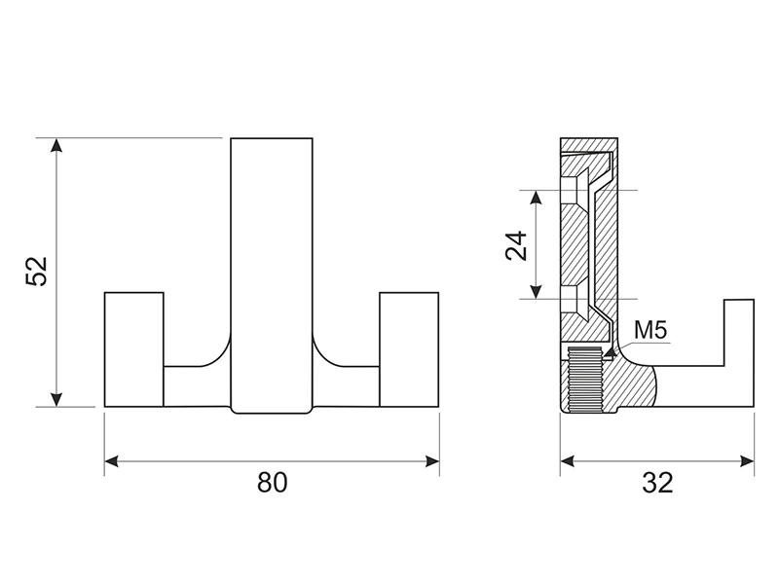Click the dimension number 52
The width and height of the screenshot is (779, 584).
coord(37,272)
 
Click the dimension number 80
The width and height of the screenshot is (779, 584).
coord(273,482)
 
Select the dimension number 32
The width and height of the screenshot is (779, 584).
coord(658,482)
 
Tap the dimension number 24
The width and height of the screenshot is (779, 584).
coord(516,245)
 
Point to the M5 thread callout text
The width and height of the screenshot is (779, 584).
coord(650,330)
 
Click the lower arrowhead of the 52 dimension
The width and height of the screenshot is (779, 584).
coord(57,399)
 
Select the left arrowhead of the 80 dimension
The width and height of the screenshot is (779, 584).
coord(112,461)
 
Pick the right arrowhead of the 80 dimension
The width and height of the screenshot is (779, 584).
coord(431,461)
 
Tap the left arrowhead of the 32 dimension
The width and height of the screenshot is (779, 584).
coord(568,461)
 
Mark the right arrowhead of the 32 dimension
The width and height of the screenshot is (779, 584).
coord(747,461)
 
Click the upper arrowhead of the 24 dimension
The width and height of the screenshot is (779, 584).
coord(536,198)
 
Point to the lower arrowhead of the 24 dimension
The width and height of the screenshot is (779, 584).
coord(536,291)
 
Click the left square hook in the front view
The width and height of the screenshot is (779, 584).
coord(134,349)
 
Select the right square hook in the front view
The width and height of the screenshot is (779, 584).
coord(409,349)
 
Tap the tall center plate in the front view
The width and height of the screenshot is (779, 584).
coord(272,275)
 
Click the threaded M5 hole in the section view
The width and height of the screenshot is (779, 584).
coord(585,380)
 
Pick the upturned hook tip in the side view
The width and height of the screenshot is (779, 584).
coord(739,333)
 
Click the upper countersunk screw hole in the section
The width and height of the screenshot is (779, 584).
coord(575,190)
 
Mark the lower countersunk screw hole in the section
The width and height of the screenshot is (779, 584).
coord(575,299)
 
